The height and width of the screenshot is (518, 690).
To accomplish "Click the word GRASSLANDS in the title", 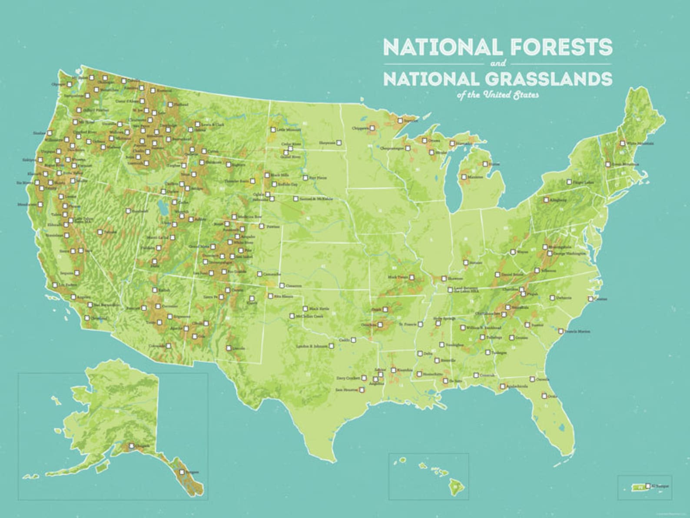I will point(547,79).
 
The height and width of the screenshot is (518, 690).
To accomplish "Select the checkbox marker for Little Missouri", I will point(273,130).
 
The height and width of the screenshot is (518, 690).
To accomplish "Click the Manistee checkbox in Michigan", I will point(464,177).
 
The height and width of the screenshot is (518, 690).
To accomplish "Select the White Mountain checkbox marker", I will point(622,143).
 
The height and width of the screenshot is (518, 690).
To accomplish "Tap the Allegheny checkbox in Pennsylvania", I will point(546,200).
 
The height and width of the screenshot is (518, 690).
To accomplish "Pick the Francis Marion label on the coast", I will point(577,331).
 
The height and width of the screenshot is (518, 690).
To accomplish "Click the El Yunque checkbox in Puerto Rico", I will point(648,486).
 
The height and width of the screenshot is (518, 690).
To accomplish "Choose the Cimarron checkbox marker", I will point(282,286).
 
